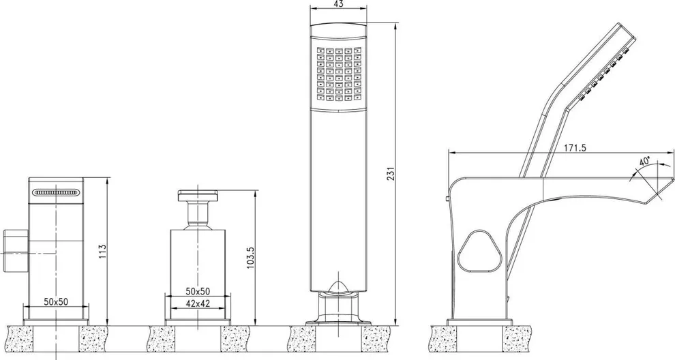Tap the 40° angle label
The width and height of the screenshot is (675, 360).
[645, 163]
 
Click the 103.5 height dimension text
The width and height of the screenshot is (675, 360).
[250, 257]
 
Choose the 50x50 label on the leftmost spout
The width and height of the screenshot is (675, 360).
[56, 301]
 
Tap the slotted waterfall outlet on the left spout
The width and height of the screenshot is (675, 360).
[56, 193]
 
